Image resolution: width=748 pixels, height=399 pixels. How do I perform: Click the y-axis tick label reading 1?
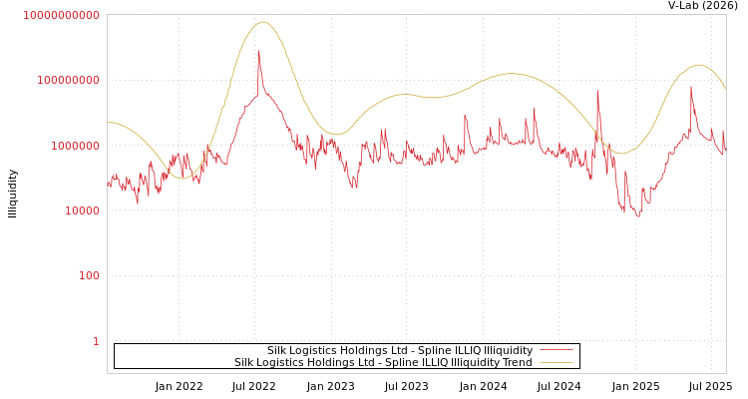[96, 341]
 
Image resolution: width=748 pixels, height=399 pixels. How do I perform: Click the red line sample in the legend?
[556, 351]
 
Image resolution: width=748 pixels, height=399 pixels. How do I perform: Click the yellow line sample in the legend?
[556, 363]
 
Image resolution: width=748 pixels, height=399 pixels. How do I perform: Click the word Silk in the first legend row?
[276, 351]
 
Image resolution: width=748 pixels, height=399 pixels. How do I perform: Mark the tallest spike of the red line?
[259, 52]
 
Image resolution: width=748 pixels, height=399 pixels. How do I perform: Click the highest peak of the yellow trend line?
[263, 22]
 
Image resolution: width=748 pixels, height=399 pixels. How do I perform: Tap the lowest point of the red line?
[639, 216]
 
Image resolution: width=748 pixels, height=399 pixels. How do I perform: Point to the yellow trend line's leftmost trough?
[182, 179]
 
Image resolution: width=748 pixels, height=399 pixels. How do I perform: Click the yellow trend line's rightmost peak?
[698, 65]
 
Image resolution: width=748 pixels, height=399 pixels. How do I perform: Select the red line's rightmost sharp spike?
[691, 87]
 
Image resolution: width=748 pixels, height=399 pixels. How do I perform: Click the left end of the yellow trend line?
[108, 122]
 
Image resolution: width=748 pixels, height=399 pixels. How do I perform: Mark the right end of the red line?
[725, 150]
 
